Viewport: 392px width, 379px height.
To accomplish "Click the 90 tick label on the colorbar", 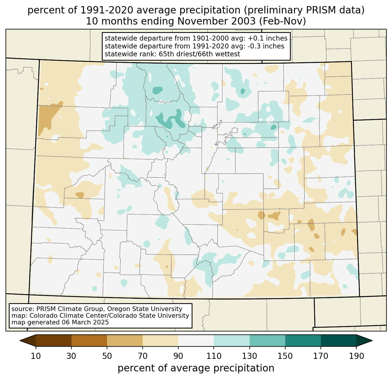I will (x=178, y=356).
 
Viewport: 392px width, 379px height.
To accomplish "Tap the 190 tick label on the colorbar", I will (x=356, y=356).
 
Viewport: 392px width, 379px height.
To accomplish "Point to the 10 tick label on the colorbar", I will (x=36, y=356).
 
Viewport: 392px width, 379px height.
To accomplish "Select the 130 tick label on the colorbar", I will (x=250, y=356).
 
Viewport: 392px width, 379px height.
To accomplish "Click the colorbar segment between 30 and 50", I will (x=89, y=340).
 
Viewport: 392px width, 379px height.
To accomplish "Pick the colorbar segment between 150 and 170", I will (x=303, y=340).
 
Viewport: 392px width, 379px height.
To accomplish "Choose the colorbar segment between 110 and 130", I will (x=232, y=340).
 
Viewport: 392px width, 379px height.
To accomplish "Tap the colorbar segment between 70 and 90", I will (x=160, y=340).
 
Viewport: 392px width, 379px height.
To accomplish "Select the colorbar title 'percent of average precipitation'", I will (x=196, y=368).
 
